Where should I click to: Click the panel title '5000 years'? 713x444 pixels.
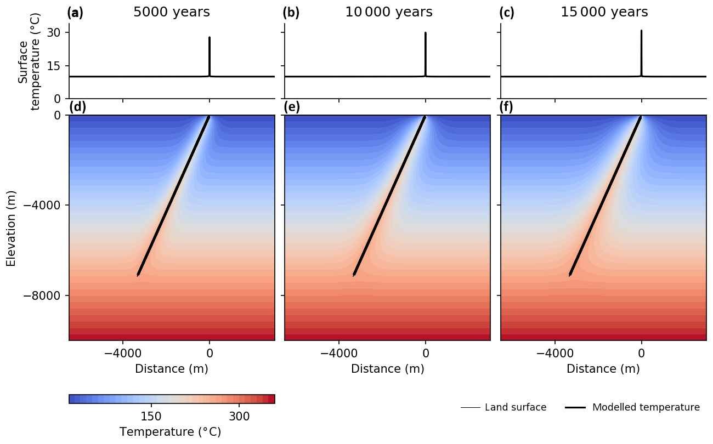(x=171, y=12)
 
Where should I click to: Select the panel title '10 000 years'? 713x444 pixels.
(x=388, y=12)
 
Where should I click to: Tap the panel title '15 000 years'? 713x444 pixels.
(x=604, y=12)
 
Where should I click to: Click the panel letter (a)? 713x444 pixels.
(x=75, y=13)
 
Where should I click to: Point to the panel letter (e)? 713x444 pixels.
(x=291, y=107)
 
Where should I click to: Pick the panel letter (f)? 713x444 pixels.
(x=506, y=107)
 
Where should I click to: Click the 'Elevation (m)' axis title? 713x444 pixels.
(x=11, y=228)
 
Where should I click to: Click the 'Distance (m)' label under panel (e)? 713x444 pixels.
(x=388, y=369)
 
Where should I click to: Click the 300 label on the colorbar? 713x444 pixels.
(x=239, y=417)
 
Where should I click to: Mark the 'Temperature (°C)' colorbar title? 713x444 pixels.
(x=170, y=432)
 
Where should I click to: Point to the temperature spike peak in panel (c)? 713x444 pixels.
(x=641, y=31)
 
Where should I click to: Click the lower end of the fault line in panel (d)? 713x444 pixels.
(x=138, y=275)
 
